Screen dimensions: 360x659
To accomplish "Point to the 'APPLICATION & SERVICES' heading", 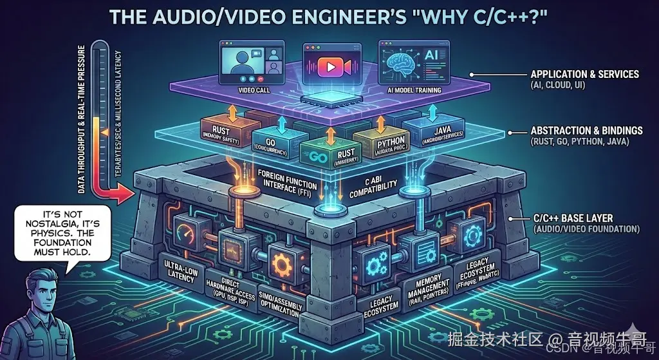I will click(x=584, y=75).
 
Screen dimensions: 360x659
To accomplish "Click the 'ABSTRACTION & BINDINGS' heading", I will click(x=584, y=131).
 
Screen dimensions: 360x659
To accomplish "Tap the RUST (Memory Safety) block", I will click(x=220, y=128).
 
